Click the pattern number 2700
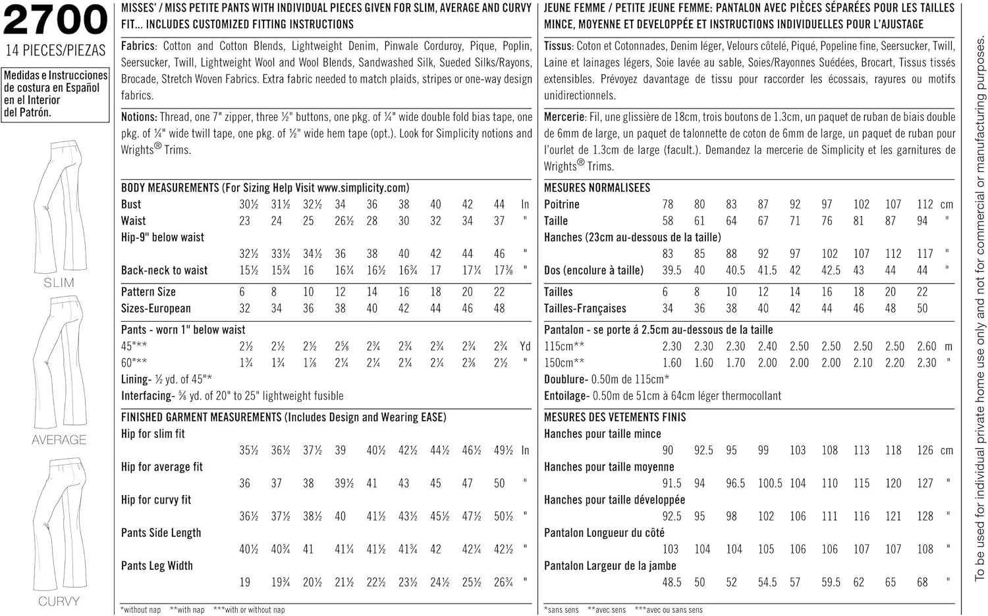coord(55,20)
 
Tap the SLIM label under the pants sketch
coord(59,283)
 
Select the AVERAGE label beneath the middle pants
coord(59,440)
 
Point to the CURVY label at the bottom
coord(59,602)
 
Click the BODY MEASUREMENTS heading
coord(170,188)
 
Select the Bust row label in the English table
coord(131,204)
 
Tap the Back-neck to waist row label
coord(164,270)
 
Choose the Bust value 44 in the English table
coord(499,204)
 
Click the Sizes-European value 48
coord(499,308)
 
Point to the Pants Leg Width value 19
coord(245,582)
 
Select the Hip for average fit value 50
coord(499,483)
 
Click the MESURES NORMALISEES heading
coord(597,188)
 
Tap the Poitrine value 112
coord(925,204)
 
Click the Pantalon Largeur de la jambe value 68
coord(922,582)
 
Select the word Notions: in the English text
coord(139,117)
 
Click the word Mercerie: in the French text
coord(564,117)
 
